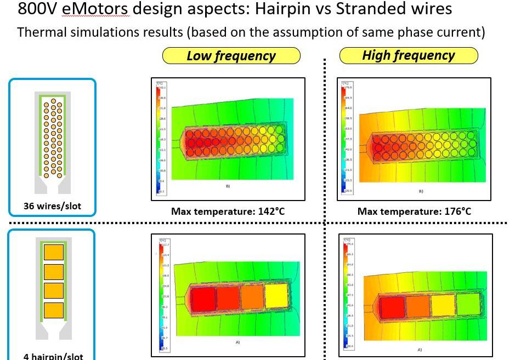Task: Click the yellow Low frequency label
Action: tap(231, 56)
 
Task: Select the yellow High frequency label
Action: tap(408, 55)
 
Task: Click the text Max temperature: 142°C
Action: tap(228, 211)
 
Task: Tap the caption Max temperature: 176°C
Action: tap(414, 211)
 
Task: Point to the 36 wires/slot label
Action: tap(52, 207)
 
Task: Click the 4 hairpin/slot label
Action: tap(53, 356)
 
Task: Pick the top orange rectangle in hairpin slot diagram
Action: tap(53, 253)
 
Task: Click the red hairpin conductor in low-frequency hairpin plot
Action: tap(202, 299)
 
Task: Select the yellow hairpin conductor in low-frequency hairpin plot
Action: tap(275, 296)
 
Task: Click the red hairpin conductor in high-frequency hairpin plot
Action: tap(392, 307)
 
